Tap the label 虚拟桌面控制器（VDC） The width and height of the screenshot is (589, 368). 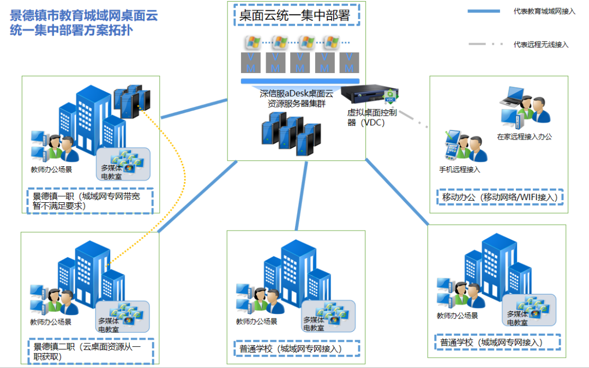pos(373,117)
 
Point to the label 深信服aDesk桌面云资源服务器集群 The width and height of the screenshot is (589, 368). pos(296,98)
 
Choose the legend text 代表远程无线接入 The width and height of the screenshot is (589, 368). pos(540,45)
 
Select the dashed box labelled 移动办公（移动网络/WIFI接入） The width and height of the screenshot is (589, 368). pos(500,197)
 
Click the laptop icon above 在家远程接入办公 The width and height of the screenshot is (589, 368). pos(513,96)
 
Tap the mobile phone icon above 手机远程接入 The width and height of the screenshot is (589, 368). pos(454,143)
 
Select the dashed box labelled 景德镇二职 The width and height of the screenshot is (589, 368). pos(91,351)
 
